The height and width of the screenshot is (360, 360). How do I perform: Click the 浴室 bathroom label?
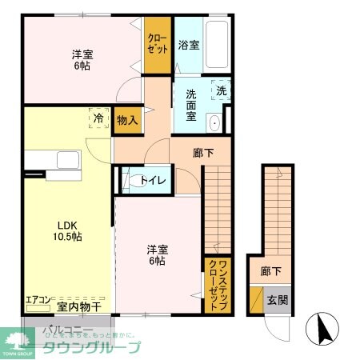(189, 46)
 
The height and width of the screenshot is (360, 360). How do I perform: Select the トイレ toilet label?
(153, 180)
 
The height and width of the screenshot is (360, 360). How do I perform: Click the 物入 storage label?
(127, 120)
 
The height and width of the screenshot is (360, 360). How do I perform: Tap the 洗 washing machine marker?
(220, 90)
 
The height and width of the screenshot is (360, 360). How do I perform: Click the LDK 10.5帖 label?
(68, 230)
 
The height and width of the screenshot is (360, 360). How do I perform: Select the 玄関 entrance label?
(277, 301)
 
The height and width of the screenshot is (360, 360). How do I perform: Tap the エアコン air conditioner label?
(38, 302)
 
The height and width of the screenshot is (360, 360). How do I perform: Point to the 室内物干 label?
(78, 306)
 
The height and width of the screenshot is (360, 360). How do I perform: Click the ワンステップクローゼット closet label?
(214, 285)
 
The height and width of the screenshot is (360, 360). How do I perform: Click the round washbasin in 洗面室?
(214, 124)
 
